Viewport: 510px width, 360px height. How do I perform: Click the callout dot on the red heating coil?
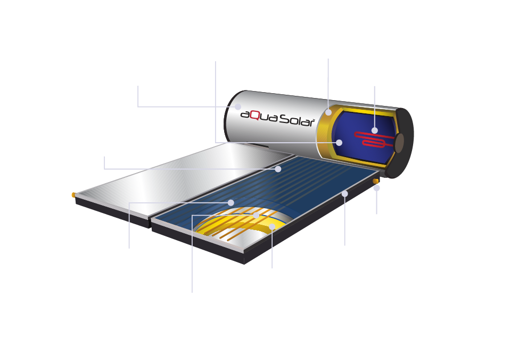[374, 130]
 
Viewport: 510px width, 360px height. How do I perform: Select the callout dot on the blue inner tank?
[339, 143]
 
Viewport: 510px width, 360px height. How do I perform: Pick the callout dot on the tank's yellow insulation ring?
[328, 112]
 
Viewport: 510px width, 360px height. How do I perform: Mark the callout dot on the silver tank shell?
[238, 107]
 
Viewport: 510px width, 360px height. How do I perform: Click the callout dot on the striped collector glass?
[278, 169]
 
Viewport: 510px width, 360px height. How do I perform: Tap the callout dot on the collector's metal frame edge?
[344, 194]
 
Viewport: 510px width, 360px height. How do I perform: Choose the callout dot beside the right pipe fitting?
[376, 188]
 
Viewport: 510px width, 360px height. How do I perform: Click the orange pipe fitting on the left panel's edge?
[74, 195]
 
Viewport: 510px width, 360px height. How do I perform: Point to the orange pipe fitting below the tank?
[376, 182]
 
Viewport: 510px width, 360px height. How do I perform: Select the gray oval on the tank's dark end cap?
[399, 143]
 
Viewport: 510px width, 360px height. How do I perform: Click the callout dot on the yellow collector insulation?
[272, 227]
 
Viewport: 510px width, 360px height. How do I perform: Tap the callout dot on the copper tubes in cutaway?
[257, 216]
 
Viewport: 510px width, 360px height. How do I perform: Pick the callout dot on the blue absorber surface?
[231, 202]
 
